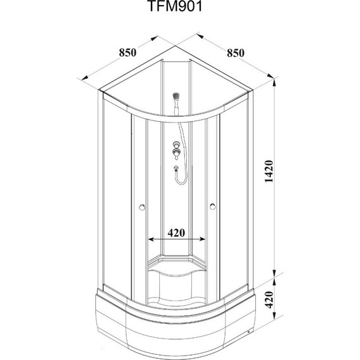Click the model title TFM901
(x=176, y=6)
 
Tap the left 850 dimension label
(x=128, y=52)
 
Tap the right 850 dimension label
(x=236, y=53)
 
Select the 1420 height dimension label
(x=269, y=171)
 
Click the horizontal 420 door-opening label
(x=176, y=233)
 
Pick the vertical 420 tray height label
(x=269, y=299)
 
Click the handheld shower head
(x=176, y=97)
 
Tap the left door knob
(x=142, y=207)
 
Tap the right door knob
(x=213, y=207)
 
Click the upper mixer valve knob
(x=176, y=145)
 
